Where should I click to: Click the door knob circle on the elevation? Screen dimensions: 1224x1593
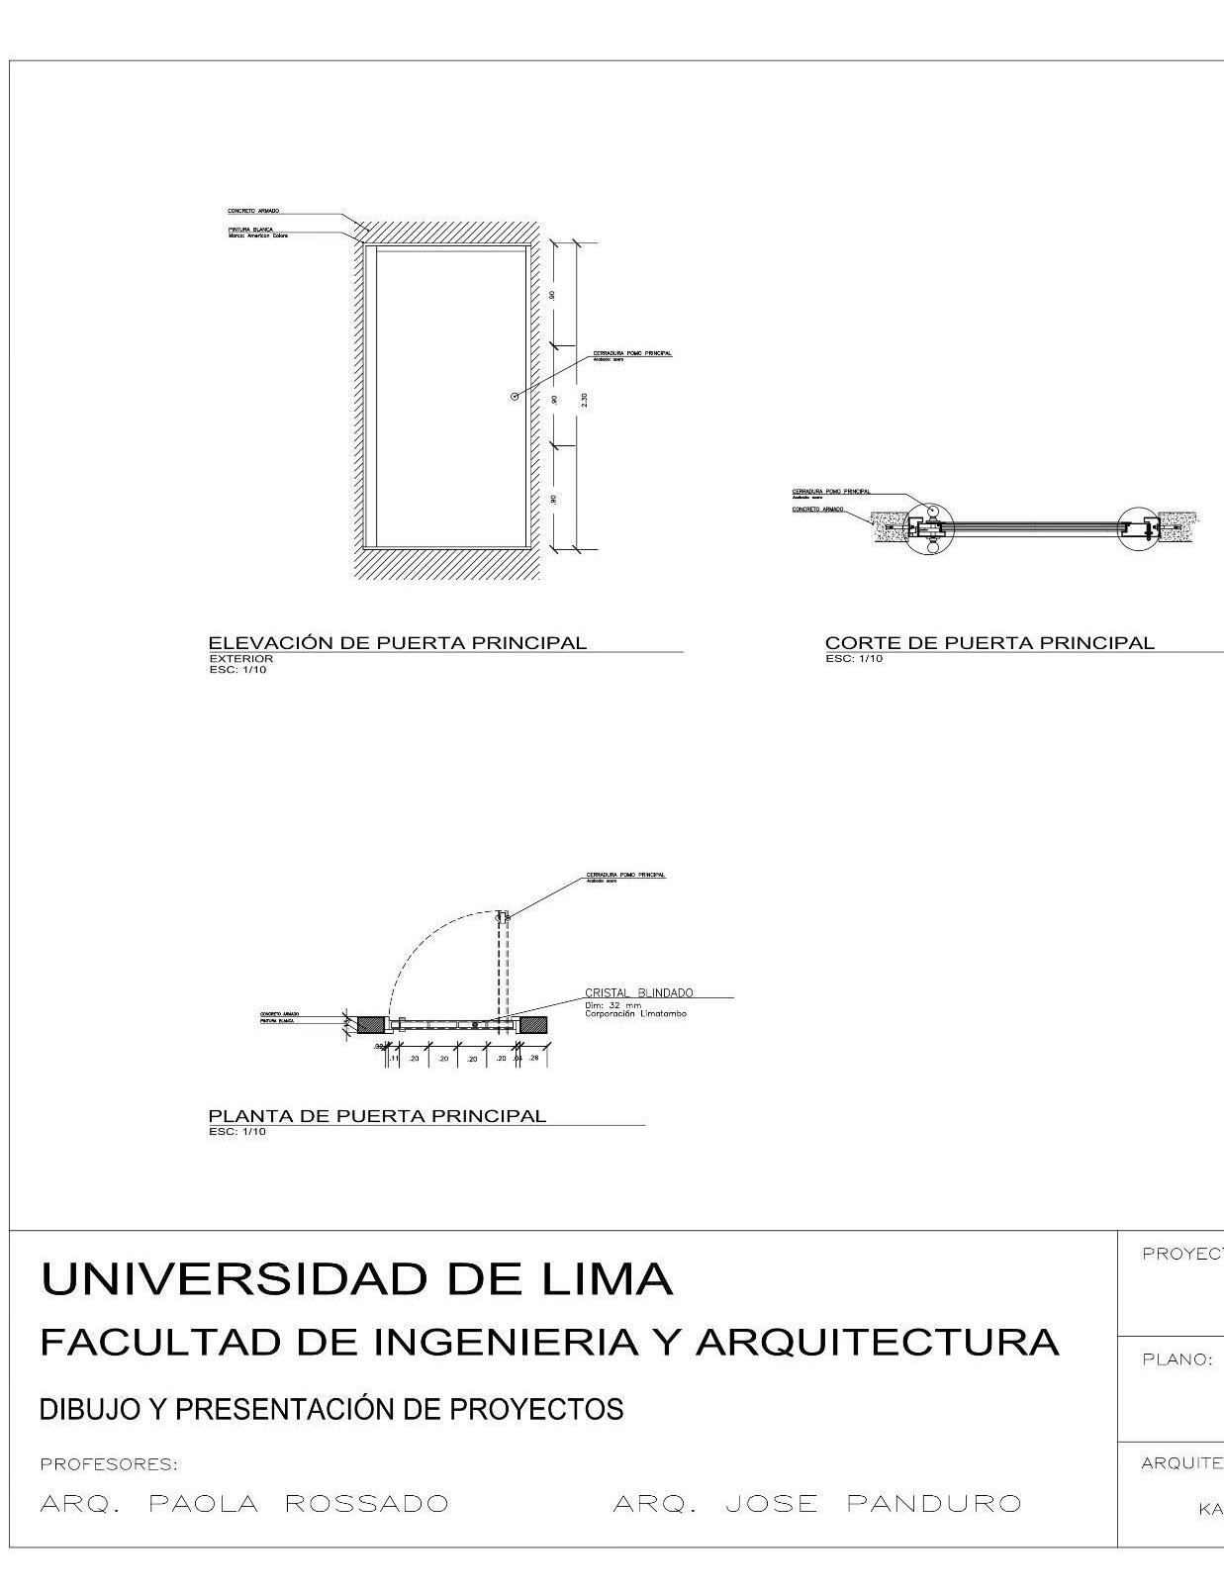coord(514,397)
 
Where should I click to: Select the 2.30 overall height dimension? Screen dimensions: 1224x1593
coord(584,400)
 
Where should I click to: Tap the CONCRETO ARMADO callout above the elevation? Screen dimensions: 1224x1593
coord(253,211)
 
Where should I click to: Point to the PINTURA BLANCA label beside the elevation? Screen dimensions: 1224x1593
coord(250,229)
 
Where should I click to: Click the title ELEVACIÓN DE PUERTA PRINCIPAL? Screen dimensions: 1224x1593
coord(397,643)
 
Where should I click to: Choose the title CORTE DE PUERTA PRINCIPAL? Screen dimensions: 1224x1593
coord(989,643)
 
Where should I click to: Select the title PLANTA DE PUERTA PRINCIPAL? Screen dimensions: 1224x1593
coord(377,1116)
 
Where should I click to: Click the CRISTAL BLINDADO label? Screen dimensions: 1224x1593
coord(638,992)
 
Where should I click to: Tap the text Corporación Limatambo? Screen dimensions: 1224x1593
coord(635,1014)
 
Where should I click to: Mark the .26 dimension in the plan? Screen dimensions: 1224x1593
coord(533,1058)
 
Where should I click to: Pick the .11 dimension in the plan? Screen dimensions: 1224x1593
coord(393,1059)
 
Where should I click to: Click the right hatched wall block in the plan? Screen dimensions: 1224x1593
coord(534,1025)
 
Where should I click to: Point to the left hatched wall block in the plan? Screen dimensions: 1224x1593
coord(371,1025)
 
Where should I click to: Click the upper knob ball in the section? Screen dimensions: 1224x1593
coord(931,512)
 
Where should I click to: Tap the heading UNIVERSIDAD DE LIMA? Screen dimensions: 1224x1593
coord(356,1278)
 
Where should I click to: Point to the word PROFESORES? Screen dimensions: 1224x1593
coord(109,1463)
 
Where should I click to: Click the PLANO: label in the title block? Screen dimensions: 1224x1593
coord(1177,1359)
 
